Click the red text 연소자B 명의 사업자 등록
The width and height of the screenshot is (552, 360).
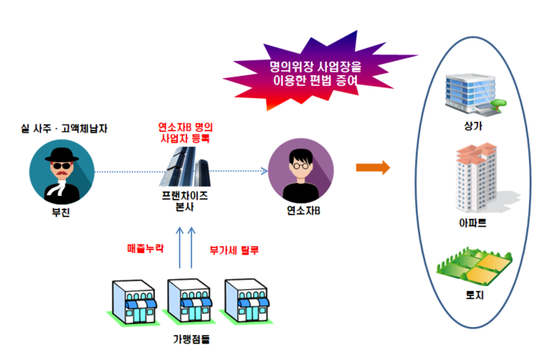185,133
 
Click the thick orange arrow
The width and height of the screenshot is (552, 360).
372,168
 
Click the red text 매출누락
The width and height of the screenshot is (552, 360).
145,248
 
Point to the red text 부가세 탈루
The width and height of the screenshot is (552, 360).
231,248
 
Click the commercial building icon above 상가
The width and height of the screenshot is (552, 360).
472,92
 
